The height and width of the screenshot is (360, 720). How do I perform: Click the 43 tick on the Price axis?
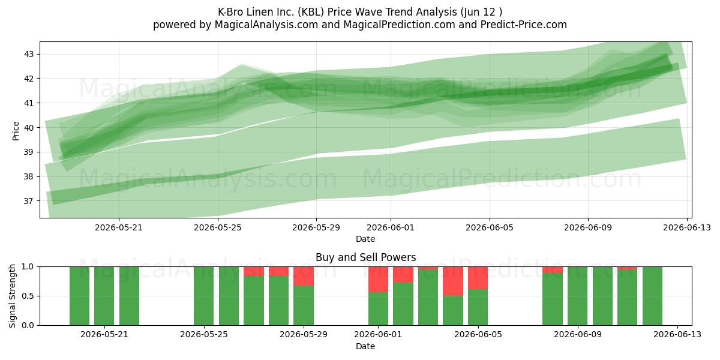[x=29, y=54]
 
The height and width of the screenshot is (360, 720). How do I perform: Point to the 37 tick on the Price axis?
[x=29, y=201]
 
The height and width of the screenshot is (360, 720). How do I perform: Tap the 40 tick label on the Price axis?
[x=29, y=128]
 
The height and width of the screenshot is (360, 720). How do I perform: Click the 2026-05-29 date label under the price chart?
[x=316, y=227]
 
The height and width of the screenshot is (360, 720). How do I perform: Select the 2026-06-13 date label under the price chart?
[x=687, y=227]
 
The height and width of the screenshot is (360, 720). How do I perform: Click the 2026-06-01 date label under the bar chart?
[x=378, y=334]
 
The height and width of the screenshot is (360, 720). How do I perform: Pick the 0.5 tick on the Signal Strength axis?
[x=28, y=296]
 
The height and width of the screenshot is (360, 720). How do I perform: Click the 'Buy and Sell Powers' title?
[x=366, y=257]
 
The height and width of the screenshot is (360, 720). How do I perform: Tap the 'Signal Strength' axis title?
[x=12, y=296]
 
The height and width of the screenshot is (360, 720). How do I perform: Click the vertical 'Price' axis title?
[x=16, y=131]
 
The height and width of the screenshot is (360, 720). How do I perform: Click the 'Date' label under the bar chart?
[x=365, y=346]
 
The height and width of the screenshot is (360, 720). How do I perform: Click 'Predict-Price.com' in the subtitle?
[x=524, y=25]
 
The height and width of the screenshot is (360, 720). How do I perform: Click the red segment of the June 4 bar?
[x=453, y=281]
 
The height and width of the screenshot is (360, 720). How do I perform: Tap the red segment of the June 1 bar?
[x=379, y=280]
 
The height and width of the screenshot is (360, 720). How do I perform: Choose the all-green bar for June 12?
[x=652, y=296]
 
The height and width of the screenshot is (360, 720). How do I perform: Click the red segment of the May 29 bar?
[x=304, y=276]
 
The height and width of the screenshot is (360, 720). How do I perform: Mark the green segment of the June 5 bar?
[x=478, y=307]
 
